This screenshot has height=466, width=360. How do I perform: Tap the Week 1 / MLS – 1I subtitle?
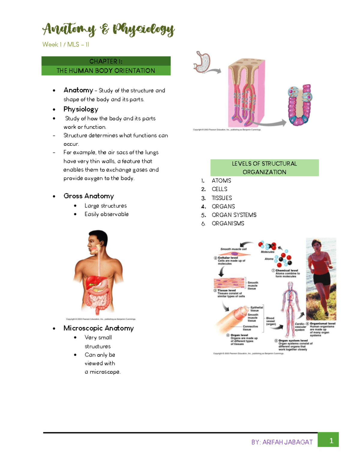click(x=66, y=45)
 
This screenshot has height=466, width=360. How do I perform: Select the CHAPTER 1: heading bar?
click(x=106, y=61)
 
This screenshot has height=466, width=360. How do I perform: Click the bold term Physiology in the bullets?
click(x=81, y=109)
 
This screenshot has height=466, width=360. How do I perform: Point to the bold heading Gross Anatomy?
click(x=88, y=196)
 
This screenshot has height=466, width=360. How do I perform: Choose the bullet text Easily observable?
click(x=106, y=214)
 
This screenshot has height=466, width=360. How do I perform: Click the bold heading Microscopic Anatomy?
click(x=98, y=328)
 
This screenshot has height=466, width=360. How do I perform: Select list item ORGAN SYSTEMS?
click(x=234, y=215)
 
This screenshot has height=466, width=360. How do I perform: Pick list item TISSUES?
click(x=222, y=198)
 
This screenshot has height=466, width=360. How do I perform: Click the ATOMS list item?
click(x=221, y=181)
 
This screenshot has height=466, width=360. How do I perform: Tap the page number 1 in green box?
click(x=331, y=440)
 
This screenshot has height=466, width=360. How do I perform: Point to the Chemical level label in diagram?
click(x=286, y=270)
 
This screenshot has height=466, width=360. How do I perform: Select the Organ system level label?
click(x=293, y=341)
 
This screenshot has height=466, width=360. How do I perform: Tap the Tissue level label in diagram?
click(x=226, y=290)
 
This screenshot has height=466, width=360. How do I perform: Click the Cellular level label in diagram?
click(x=228, y=258)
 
